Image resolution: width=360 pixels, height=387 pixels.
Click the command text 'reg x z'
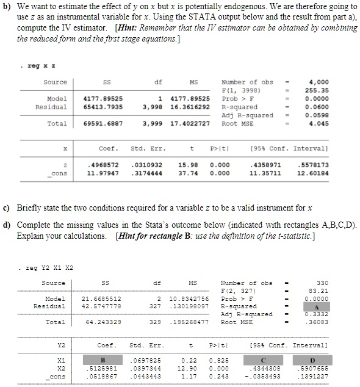click(x=40, y=63)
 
